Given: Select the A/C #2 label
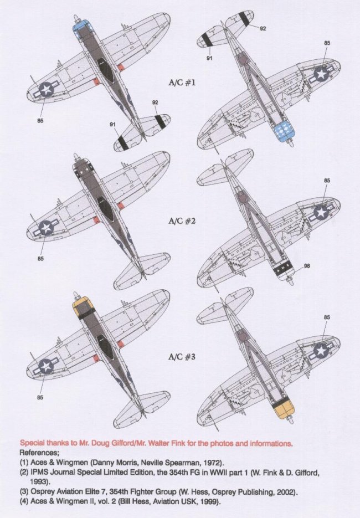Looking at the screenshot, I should pos(180,220).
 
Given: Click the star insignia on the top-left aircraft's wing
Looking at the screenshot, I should pos(45,89).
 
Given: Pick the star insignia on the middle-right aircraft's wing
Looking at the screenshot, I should pos(321,212).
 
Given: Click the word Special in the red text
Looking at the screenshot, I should pos(33,443).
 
